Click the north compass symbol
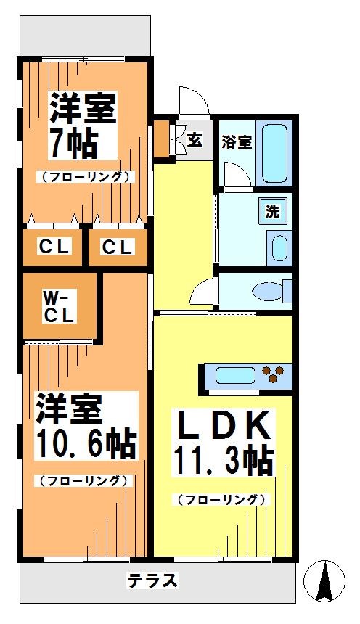pyautogui.click(x=324, y=580)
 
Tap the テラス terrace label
pyautogui.click(x=152, y=580)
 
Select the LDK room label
pyautogui.click(x=222, y=425)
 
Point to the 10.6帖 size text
pyautogui.click(x=86, y=443)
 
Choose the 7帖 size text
pyautogui.click(x=73, y=143)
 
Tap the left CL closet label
pyautogui.click(x=55, y=247)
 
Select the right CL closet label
pyautogui.click(x=117, y=247)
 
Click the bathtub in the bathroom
pyautogui.click(x=275, y=153)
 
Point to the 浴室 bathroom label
pyautogui.click(x=237, y=142)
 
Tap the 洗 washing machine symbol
pyautogui.click(x=273, y=211)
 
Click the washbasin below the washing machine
pyautogui.click(x=279, y=248)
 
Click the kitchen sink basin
pyautogui.click(x=236, y=375)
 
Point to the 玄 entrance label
pyautogui.click(x=195, y=140)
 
